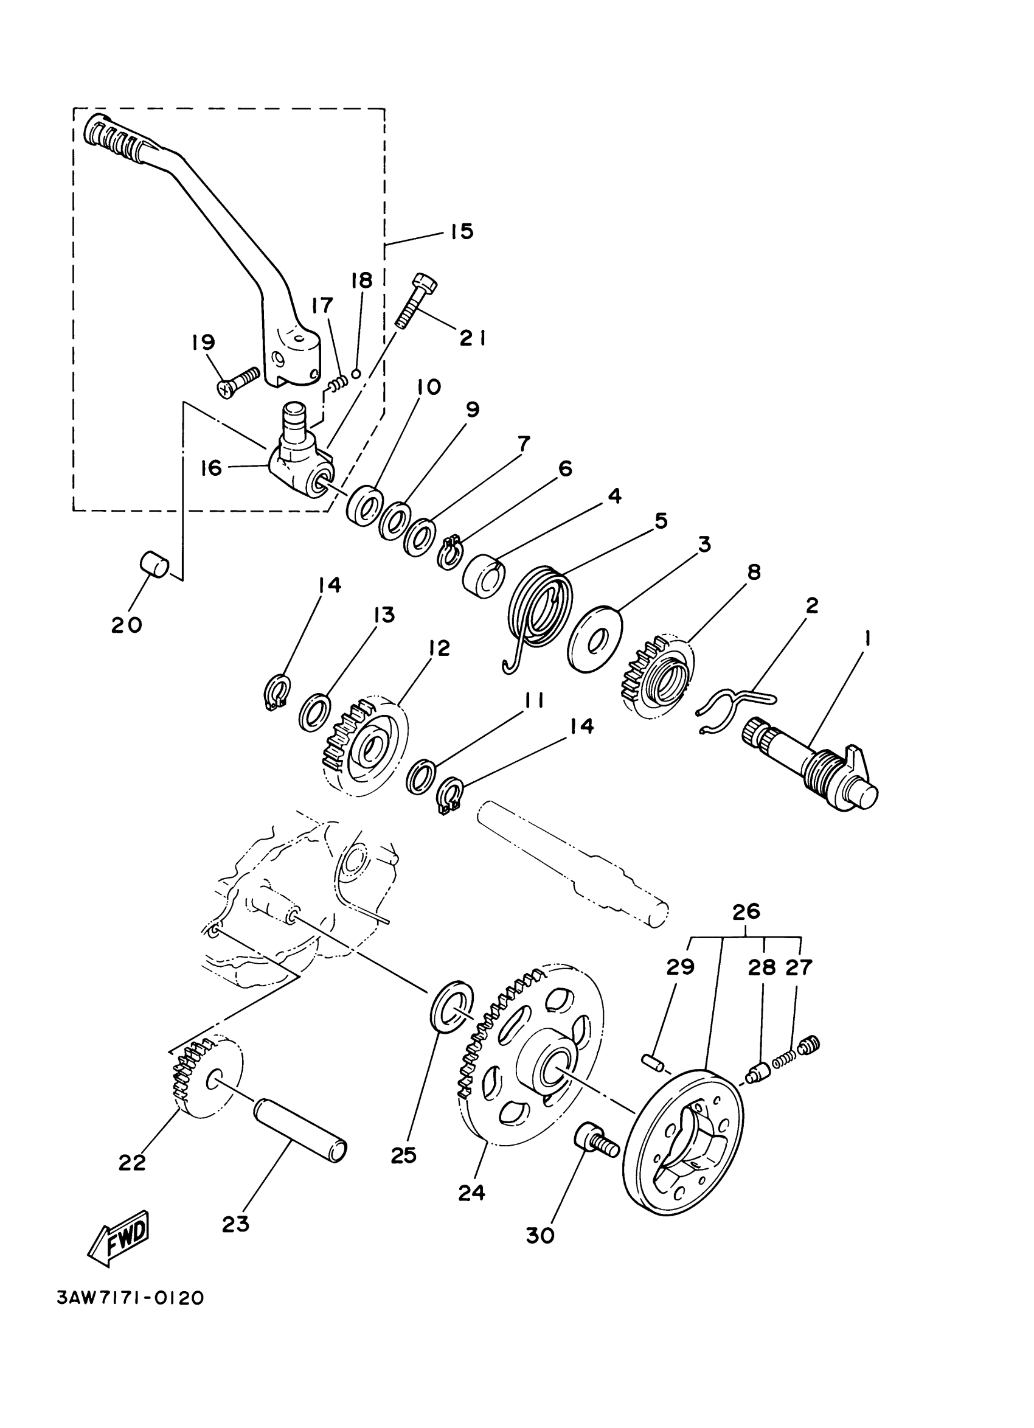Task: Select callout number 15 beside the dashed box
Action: coord(461,231)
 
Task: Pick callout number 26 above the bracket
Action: coord(746,911)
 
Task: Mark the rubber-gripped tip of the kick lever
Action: coord(116,134)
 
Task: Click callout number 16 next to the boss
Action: coord(212,468)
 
